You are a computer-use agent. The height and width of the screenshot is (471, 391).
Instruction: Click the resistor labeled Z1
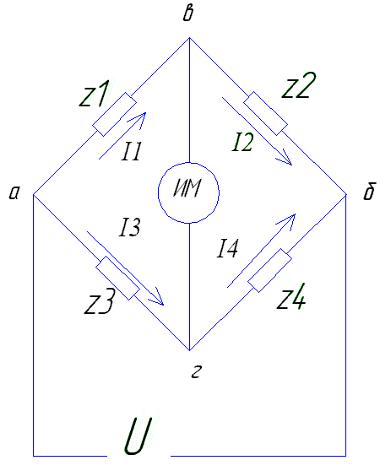115,115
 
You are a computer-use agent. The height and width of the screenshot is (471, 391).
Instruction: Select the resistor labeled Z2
265,114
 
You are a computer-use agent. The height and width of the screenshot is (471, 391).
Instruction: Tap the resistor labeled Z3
118,278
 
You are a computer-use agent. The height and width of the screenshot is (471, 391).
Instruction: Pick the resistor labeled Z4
270,270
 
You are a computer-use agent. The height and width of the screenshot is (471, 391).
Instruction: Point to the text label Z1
93,94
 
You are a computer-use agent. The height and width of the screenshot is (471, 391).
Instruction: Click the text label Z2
299,85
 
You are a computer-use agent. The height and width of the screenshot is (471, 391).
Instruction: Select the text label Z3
99,301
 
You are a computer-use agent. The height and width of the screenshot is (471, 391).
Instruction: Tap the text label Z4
291,296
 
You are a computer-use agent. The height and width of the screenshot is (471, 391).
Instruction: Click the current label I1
132,151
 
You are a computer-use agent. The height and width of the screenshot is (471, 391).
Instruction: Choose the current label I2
243,142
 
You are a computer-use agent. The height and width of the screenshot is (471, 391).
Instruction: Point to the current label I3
130,227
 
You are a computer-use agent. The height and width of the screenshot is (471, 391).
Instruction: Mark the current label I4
227,248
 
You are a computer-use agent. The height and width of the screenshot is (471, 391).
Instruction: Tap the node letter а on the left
14,192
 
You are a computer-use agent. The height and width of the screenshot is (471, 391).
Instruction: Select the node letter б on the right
369,191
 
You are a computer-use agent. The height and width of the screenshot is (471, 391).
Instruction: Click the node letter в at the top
188,14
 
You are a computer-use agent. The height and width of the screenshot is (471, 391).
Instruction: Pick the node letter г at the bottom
196,372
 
